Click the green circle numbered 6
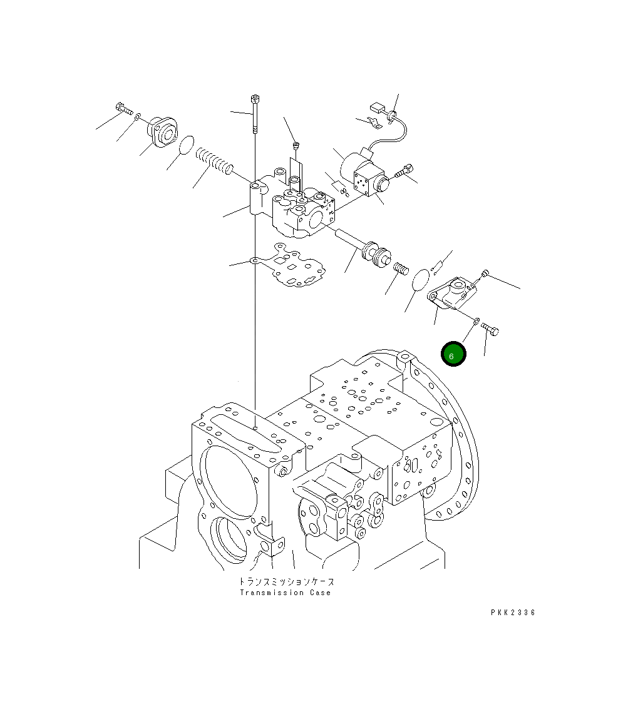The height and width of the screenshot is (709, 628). tap(453, 354)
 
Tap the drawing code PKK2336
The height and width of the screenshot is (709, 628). tap(513, 613)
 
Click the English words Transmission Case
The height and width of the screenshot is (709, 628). tap(285, 593)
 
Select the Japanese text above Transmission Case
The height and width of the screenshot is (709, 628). tap(286, 581)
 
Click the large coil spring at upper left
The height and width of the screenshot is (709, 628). tap(215, 161)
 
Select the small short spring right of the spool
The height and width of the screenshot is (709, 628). tap(402, 269)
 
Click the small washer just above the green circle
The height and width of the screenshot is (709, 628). tap(476, 321)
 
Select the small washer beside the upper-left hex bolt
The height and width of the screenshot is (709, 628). tap(137, 116)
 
